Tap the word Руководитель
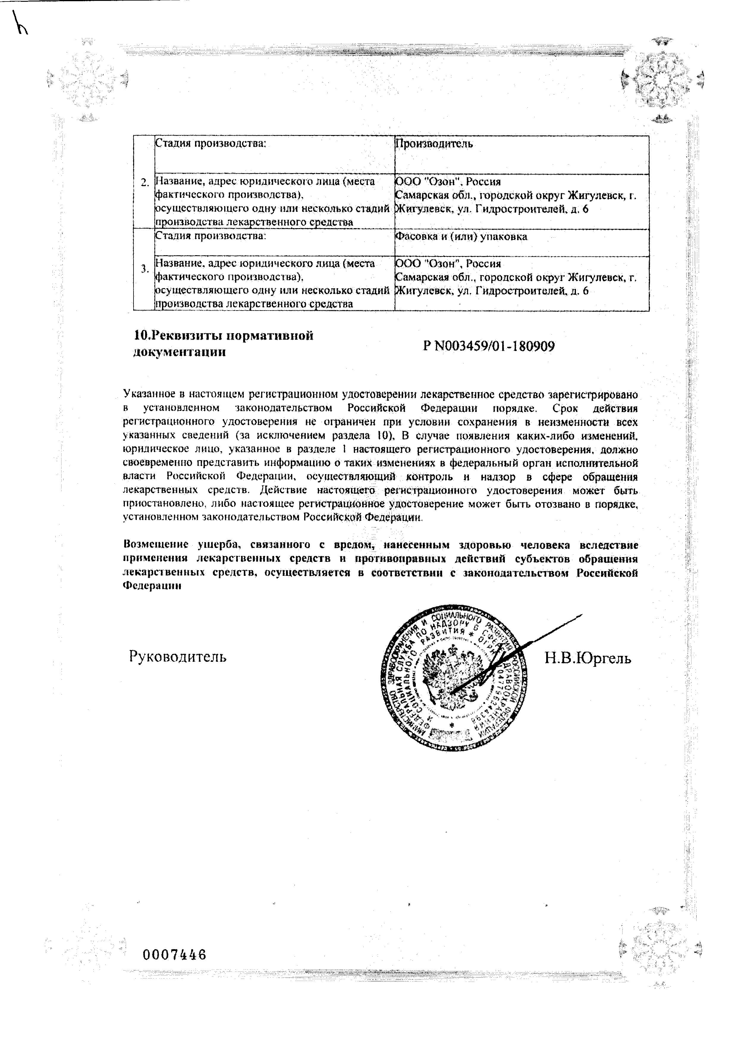[178, 657]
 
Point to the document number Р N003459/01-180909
[489, 346]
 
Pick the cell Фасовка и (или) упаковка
[461, 237]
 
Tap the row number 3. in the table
[145, 269]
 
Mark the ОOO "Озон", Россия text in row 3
[448, 264]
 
